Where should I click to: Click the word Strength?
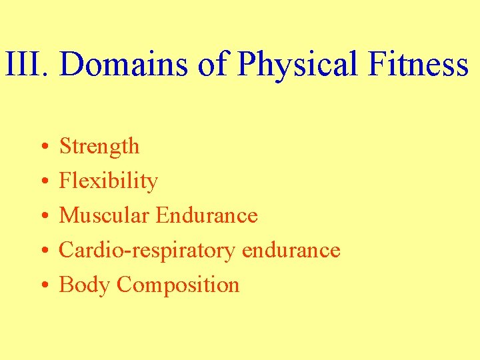[x=99, y=147]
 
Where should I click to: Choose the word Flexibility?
[x=109, y=181]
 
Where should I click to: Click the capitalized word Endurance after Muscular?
[x=207, y=215]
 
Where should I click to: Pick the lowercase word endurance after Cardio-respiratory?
[x=291, y=251]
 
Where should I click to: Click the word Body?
[x=85, y=285]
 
